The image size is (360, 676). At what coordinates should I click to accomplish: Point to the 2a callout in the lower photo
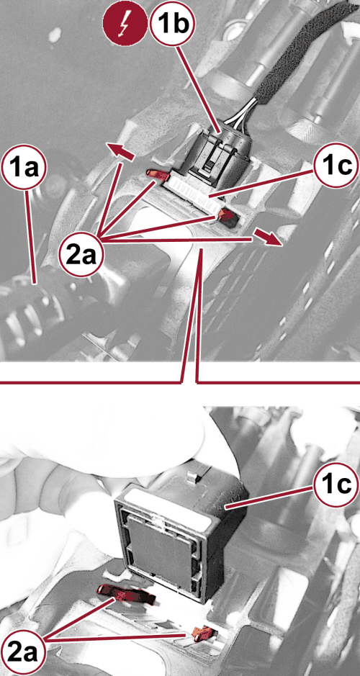click(x=24, y=651)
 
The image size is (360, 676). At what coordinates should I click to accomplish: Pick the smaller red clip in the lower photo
click(x=202, y=634)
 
